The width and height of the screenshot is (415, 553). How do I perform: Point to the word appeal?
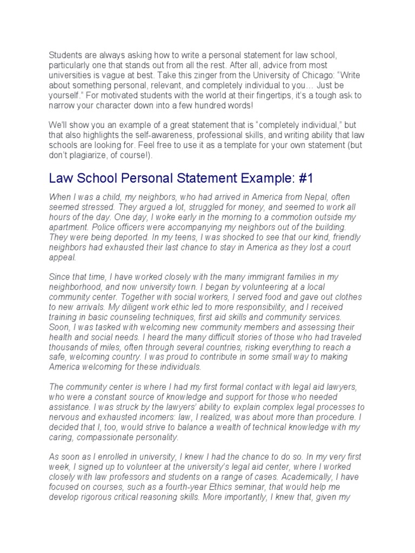(x=63, y=257)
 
